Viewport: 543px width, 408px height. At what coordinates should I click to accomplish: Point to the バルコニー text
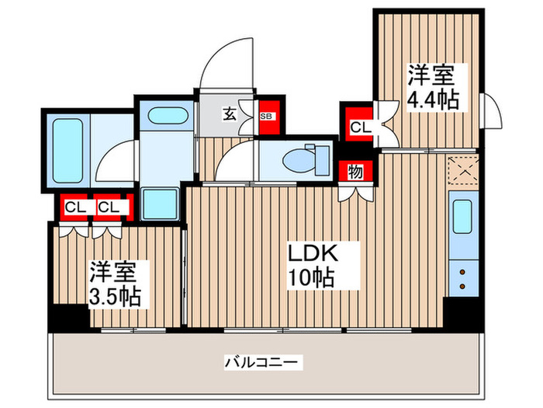(x=262, y=362)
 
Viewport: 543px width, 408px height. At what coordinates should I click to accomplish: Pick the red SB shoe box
(x=265, y=117)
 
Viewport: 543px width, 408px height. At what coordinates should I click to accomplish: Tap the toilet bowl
(x=299, y=160)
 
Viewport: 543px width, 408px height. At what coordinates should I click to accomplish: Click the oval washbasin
(x=164, y=117)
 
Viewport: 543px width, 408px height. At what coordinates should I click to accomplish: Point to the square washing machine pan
(x=161, y=203)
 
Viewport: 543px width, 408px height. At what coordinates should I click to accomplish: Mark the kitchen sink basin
(x=462, y=218)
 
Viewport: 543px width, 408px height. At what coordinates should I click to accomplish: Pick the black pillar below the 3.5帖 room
(x=68, y=318)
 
